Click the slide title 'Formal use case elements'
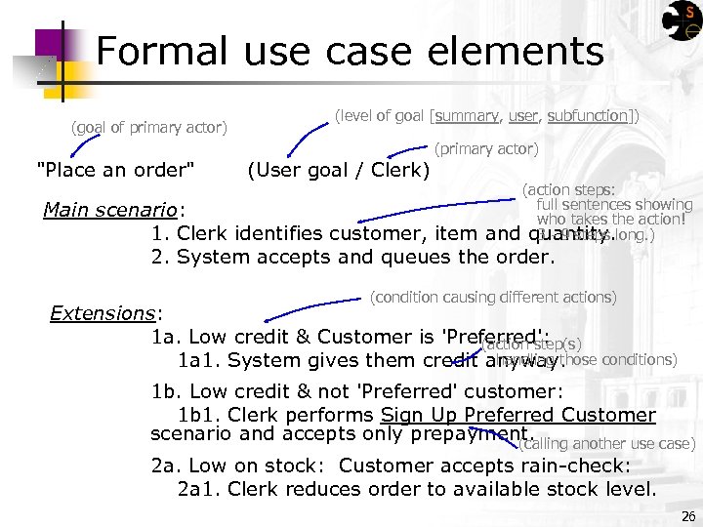(x=350, y=51)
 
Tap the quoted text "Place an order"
(x=115, y=171)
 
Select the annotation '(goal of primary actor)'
(x=149, y=127)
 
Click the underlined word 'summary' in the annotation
(x=466, y=116)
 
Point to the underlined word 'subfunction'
(x=588, y=116)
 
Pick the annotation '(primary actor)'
(x=485, y=149)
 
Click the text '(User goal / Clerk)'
(x=339, y=171)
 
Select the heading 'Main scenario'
(x=114, y=210)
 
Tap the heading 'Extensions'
(x=105, y=313)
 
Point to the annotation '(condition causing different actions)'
(x=493, y=297)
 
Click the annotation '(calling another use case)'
(x=606, y=444)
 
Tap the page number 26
(x=688, y=516)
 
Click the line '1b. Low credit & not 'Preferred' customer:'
(x=357, y=392)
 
